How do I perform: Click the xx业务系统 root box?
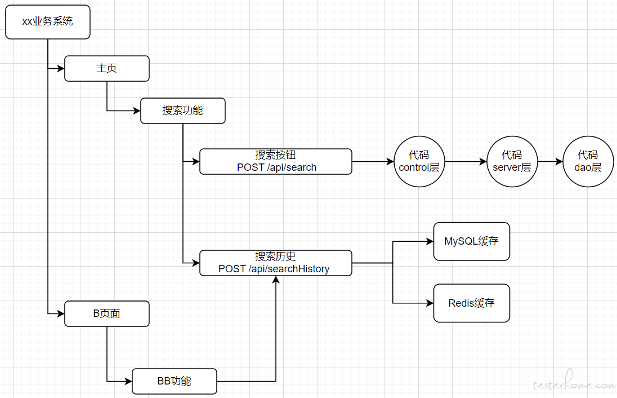click(x=48, y=22)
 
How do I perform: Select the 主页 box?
click(x=106, y=69)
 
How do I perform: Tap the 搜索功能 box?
click(x=182, y=110)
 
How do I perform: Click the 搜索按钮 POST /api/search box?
click(x=275, y=162)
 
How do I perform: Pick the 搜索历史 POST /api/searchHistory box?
click(x=275, y=263)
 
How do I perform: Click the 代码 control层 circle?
click(x=419, y=162)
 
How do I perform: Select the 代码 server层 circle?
click(x=512, y=162)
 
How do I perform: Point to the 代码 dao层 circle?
click(x=588, y=162)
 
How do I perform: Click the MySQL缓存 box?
click(x=471, y=241)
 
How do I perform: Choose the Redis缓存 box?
click(x=471, y=303)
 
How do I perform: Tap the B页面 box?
click(x=106, y=313)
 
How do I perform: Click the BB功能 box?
click(x=175, y=382)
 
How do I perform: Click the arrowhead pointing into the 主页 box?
click(x=61, y=69)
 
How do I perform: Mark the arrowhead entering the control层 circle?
click(x=390, y=162)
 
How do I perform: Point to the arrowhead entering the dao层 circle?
click(x=559, y=162)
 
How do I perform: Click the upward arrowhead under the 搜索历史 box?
click(x=276, y=280)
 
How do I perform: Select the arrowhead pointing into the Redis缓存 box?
click(x=430, y=303)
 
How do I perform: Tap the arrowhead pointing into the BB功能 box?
click(x=128, y=382)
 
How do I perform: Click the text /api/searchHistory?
click(x=289, y=269)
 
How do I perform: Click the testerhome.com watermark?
click(x=574, y=383)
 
